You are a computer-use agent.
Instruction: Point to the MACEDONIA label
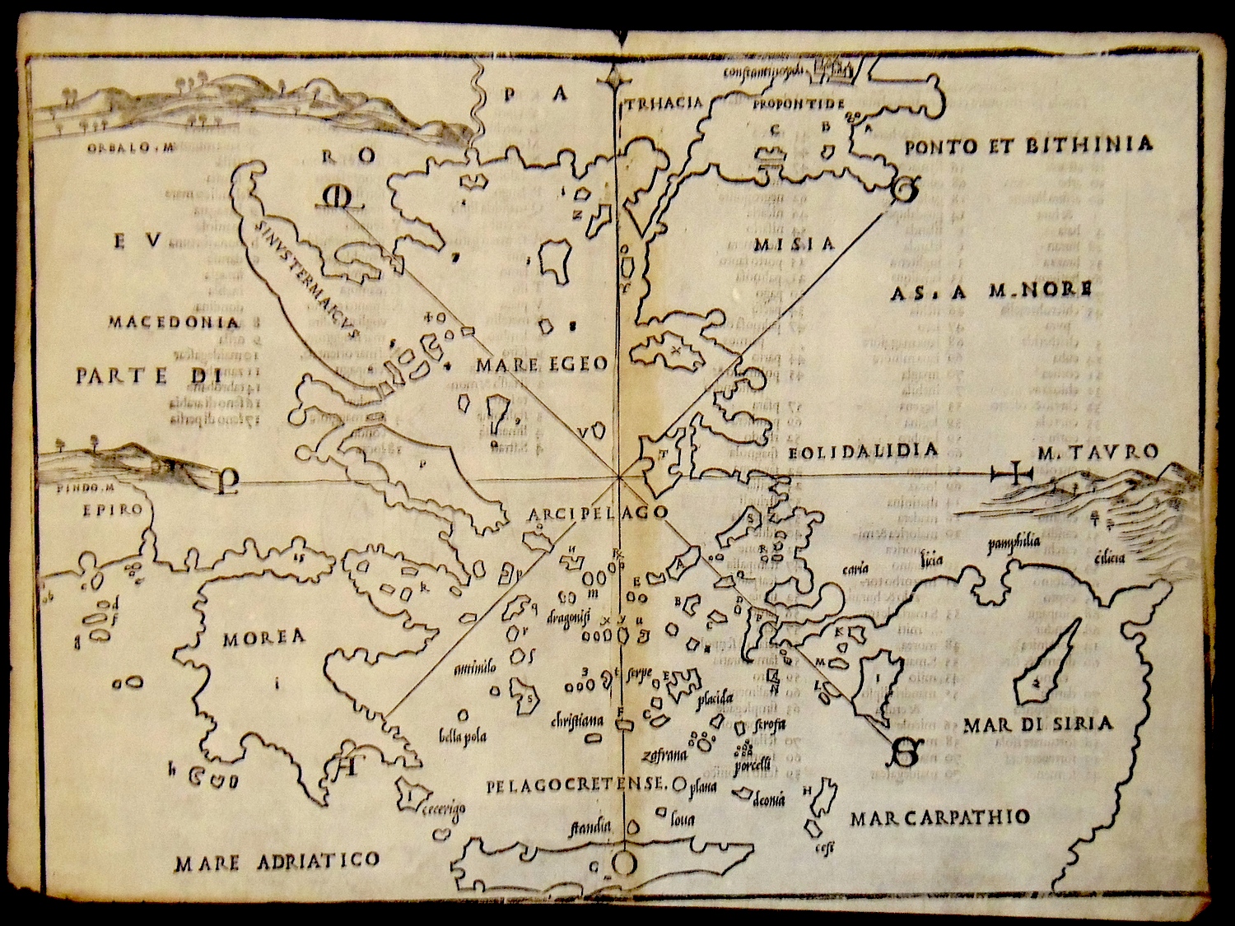tap(173, 323)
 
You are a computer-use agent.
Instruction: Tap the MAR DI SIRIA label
tap(1038, 724)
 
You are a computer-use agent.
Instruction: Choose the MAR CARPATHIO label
tap(939, 817)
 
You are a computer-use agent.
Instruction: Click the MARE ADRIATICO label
tap(277, 862)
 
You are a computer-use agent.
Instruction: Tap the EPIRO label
tap(113, 510)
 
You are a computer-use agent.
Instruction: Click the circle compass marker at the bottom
tap(623, 863)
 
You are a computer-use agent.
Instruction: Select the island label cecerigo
tap(445, 808)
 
